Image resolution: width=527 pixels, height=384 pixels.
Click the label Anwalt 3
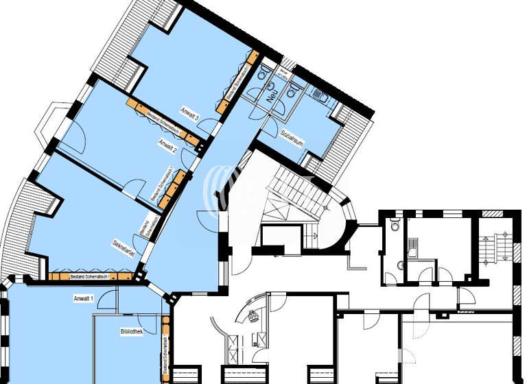click(x=189, y=113)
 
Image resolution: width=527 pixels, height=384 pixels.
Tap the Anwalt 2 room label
click(x=168, y=144)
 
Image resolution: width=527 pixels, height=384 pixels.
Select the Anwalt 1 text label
click(x=84, y=299)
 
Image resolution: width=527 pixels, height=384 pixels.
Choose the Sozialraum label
click(x=292, y=137)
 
